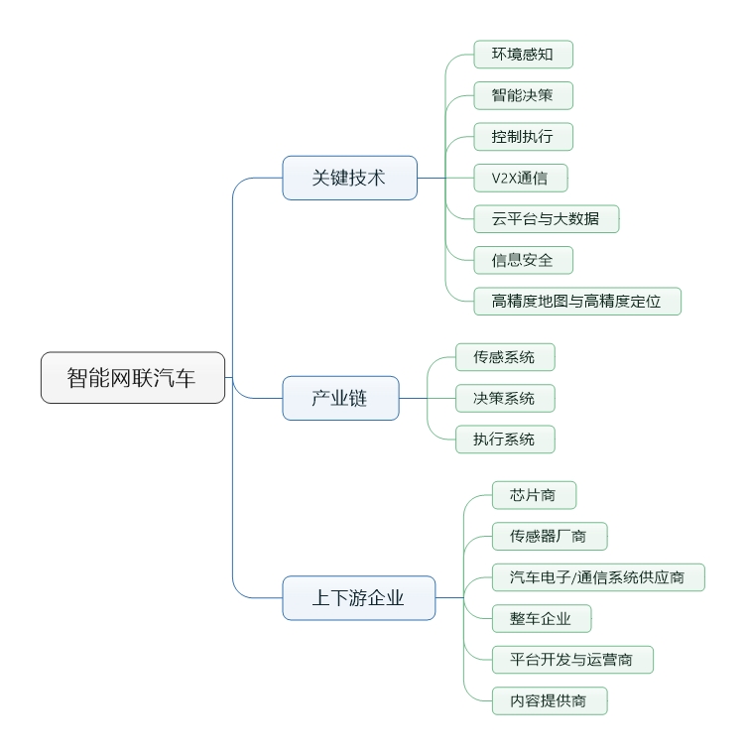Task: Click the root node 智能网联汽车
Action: click(133, 377)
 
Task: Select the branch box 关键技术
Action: click(349, 178)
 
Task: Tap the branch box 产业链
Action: click(340, 398)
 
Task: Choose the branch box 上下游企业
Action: click(359, 598)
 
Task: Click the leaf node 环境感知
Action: click(523, 55)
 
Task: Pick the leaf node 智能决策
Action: click(523, 95)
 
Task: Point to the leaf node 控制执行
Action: click(523, 136)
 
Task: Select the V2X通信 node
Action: click(521, 178)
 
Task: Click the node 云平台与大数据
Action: click(546, 218)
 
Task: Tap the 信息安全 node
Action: click(523, 260)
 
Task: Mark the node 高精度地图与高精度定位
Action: click(577, 301)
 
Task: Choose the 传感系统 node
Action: click(505, 357)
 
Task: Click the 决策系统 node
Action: click(505, 398)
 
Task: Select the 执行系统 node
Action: click(505, 439)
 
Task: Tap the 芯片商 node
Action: click(534, 495)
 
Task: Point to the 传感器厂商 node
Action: click(550, 536)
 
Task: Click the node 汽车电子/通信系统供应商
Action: click(598, 577)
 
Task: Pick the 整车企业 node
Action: click(542, 618)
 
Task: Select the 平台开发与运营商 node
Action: click(572, 659)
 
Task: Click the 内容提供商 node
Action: click(550, 700)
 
